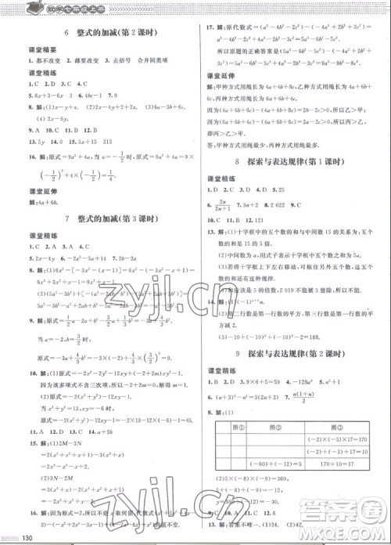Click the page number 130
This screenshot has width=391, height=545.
point(27,536)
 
